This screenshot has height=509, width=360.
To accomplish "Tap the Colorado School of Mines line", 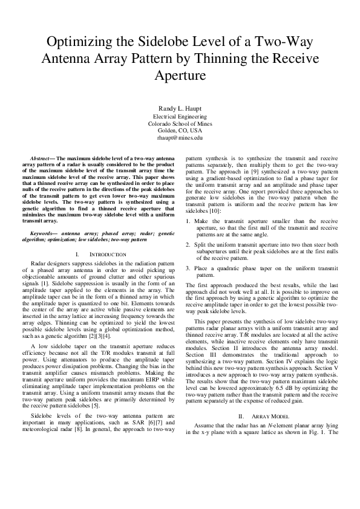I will coord(180,123).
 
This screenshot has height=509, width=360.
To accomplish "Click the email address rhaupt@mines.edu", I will coord(180,138).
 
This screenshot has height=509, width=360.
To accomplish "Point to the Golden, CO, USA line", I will coord(180,130).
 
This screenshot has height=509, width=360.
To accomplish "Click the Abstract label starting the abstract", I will coord(42,158).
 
